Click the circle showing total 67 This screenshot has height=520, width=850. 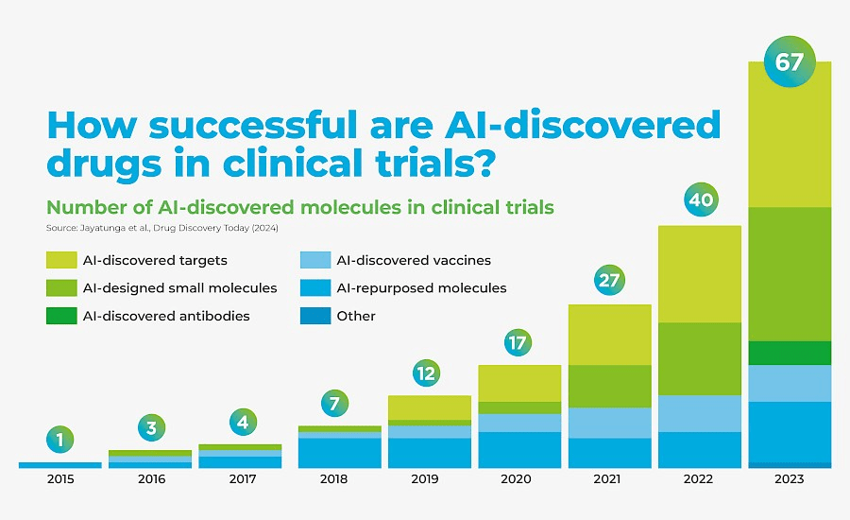pos(789,62)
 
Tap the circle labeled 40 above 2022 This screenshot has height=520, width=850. pos(700,200)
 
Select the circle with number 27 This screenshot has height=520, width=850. pos(609,280)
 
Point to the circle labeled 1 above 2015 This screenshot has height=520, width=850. pos(59,439)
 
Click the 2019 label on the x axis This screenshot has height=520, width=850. pos(425,479)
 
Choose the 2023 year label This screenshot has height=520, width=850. pos(789,479)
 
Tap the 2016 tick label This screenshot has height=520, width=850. pos(151,479)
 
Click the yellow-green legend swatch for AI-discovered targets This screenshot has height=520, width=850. pos(61,260)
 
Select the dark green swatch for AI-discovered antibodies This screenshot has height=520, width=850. pos(61,316)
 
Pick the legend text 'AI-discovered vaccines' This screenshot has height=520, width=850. pos(414,260)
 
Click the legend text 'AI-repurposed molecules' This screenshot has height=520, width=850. pos(421,287)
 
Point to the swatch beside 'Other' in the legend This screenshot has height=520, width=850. pos(314,316)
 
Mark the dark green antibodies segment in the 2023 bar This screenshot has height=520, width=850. pos(789,353)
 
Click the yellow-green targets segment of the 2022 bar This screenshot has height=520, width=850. pos(700,274)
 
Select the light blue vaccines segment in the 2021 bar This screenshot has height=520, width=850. pos(609,423)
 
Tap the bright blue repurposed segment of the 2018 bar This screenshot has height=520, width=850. pos(334,453)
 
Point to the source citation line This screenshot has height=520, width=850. pos(161,228)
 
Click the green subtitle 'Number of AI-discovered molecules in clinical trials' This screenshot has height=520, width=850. pos(299,206)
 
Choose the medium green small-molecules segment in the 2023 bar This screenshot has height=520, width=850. pos(789,274)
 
